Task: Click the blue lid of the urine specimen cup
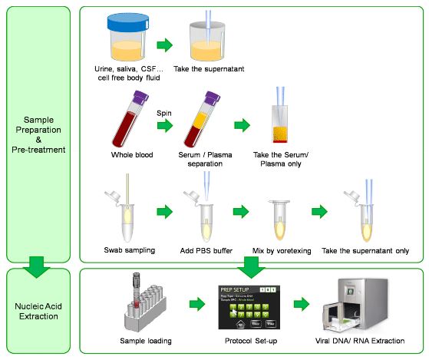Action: pyautogui.click(x=127, y=25)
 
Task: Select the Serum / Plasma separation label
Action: pyautogui.click(x=206, y=160)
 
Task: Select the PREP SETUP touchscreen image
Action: pyautogui.click(x=250, y=306)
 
